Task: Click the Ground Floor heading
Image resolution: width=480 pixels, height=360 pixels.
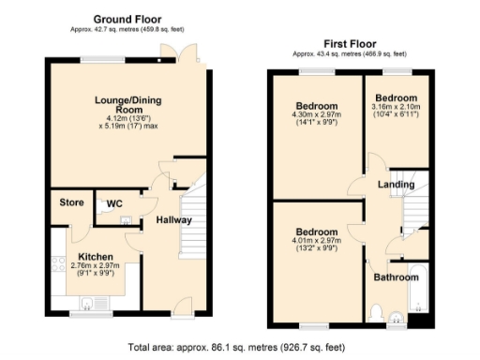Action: tap(127, 18)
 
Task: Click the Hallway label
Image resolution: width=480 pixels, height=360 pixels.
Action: tap(173, 220)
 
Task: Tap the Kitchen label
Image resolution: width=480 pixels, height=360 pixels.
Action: tap(95, 257)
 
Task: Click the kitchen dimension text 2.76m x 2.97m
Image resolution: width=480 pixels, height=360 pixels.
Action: tap(95, 267)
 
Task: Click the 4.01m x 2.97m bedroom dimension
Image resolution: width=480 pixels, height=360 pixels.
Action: tap(316, 243)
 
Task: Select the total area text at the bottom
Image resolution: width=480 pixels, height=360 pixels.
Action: tap(240, 347)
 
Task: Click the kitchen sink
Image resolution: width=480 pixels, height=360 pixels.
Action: tap(88, 302)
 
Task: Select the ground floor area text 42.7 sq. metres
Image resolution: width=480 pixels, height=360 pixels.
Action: tap(127, 28)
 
